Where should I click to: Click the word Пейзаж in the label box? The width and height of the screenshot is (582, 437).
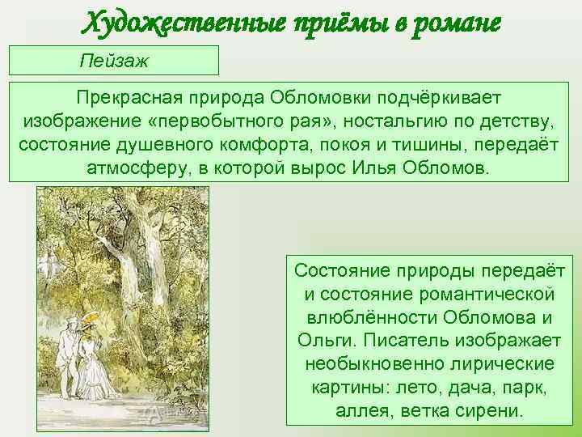(115, 61)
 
